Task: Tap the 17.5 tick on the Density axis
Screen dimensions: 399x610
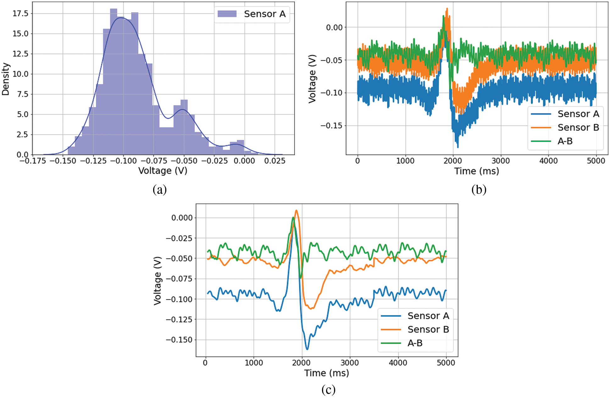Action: (x=20, y=14)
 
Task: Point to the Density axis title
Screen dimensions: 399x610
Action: (x=6, y=79)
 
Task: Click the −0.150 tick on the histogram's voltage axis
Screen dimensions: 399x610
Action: (x=63, y=161)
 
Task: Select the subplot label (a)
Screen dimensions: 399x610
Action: (x=159, y=189)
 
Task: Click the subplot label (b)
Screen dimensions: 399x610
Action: (x=479, y=189)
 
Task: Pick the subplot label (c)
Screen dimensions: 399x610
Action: (x=328, y=390)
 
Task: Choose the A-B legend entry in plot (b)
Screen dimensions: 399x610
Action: (x=565, y=141)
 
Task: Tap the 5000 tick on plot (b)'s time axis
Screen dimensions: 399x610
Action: (x=596, y=161)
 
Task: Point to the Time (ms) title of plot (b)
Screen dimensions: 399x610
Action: (x=476, y=171)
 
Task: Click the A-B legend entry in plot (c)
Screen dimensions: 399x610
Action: (x=415, y=343)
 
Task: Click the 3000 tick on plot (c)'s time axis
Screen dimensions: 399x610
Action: (x=350, y=363)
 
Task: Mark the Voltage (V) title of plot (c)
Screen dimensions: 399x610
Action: (x=158, y=281)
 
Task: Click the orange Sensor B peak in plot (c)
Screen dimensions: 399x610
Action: (x=296, y=210)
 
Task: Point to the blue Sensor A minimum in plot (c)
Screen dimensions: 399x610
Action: (x=307, y=349)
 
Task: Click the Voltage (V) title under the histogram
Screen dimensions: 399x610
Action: (x=163, y=171)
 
